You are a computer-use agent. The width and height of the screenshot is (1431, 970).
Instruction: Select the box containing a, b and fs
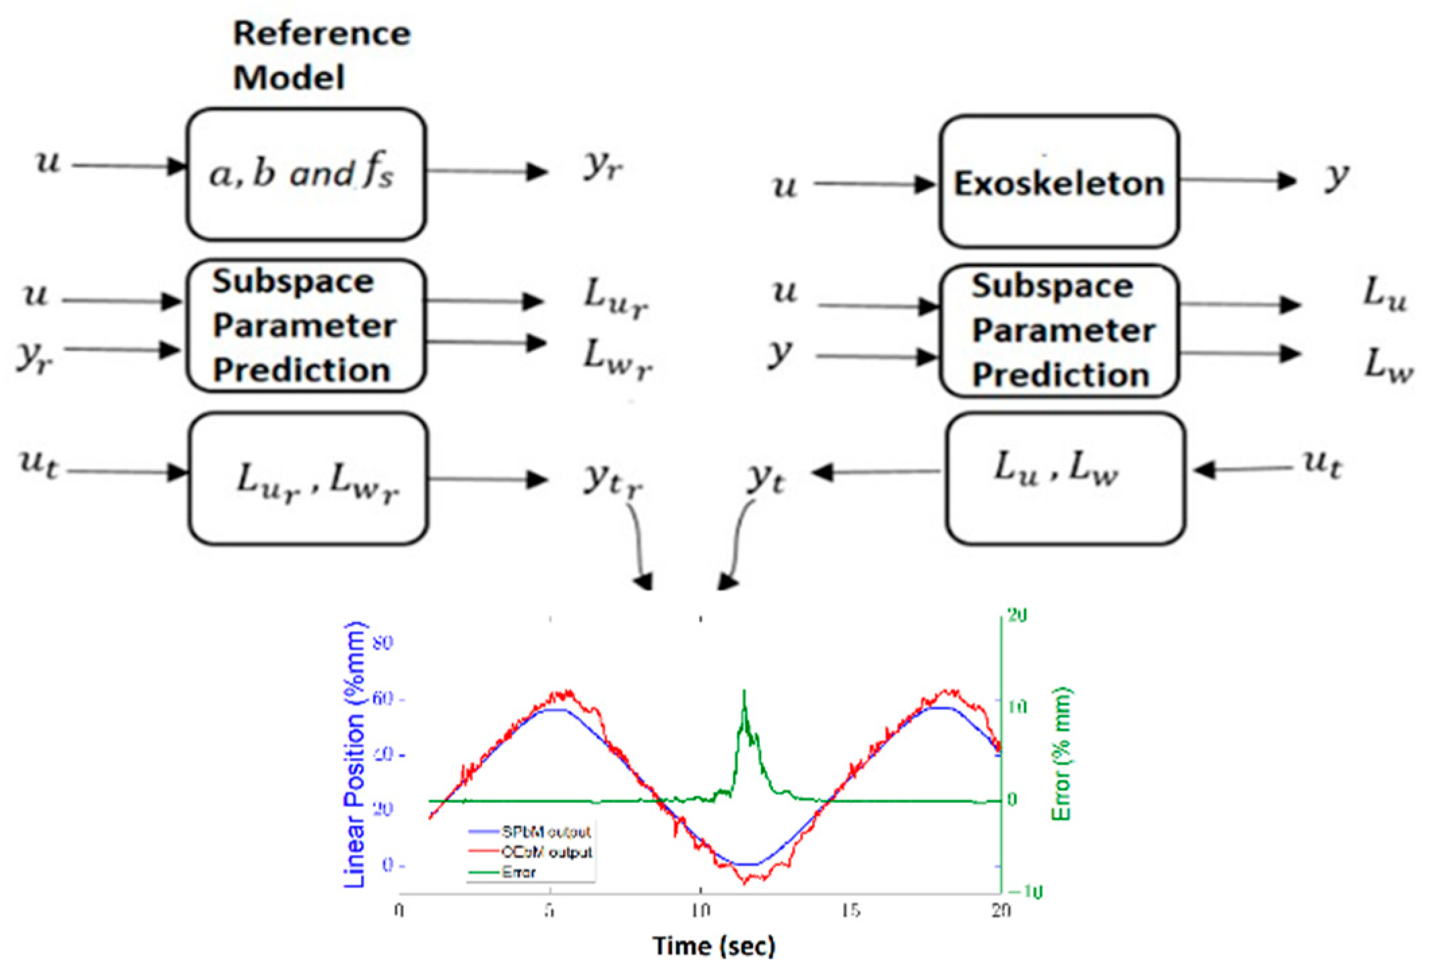pos(306,174)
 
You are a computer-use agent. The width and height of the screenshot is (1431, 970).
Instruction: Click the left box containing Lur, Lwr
pos(308,479)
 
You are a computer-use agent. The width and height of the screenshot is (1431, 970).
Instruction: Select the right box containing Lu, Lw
pos(1065,478)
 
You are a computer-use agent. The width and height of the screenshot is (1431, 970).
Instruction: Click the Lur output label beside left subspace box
pos(615,297)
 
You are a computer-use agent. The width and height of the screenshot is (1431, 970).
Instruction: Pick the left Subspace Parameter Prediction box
pos(306,326)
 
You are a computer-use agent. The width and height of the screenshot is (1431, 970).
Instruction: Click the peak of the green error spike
pos(744,691)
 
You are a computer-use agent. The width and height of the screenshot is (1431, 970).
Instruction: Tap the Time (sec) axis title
pos(714,946)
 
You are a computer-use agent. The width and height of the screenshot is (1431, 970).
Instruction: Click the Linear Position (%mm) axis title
pos(354,754)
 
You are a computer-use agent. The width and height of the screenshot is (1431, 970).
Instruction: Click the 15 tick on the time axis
pos(851,911)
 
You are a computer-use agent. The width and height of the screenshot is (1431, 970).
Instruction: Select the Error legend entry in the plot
pos(518,872)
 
